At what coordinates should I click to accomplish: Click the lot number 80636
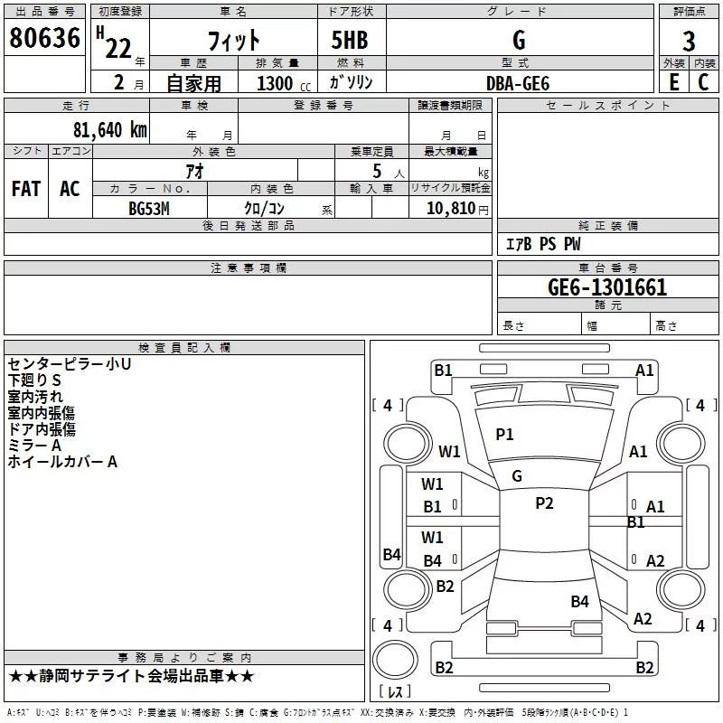coord(45,41)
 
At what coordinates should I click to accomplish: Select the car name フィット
coord(234,41)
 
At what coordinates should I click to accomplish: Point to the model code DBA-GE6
coord(518,82)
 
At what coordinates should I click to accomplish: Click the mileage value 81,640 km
coord(110,129)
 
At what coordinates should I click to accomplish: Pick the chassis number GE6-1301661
coord(607,287)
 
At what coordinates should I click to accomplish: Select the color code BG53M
coord(149,208)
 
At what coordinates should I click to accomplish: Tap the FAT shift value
coord(26,189)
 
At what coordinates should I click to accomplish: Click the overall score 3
coord(689,41)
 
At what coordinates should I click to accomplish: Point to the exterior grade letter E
coord(673,82)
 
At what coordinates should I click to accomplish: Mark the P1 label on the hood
coord(504,435)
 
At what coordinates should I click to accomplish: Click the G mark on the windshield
coord(517,476)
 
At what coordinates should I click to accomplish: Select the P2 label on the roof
coord(544,503)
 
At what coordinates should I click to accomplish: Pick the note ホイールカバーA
coord(63,462)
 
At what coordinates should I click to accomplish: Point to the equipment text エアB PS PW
coord(543,244)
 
